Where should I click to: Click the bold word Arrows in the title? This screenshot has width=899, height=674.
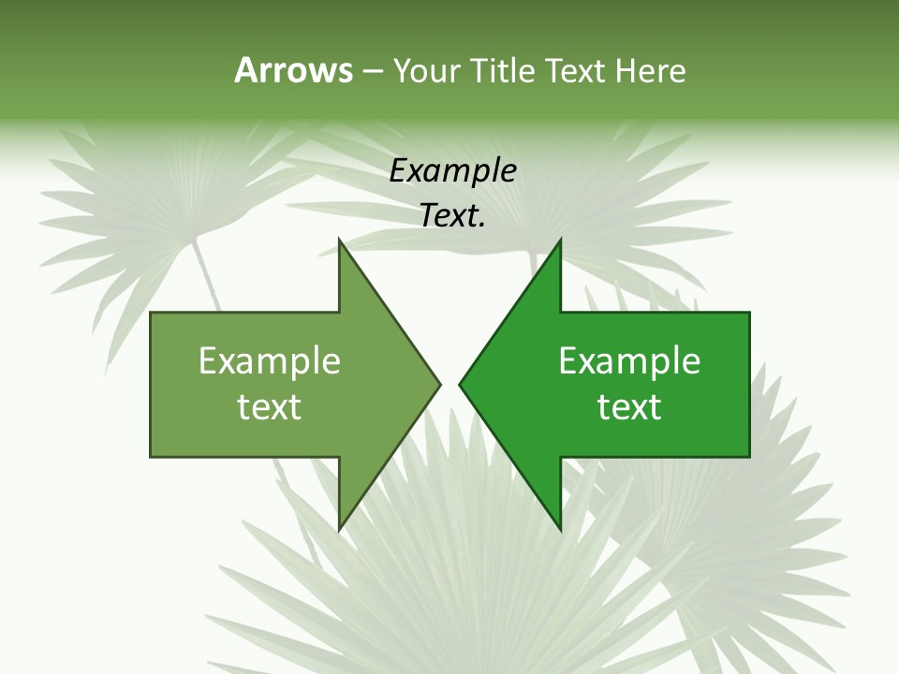(293, 70)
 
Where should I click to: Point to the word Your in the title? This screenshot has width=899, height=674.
(426, 70)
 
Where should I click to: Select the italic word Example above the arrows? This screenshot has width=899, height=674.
(452, 170)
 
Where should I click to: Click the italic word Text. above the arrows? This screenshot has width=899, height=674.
(452, 216)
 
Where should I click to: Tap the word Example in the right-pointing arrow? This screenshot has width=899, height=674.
(270, 361)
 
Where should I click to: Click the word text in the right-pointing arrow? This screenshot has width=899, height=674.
(270, 407)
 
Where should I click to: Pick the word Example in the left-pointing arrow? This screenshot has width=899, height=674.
(629, 361)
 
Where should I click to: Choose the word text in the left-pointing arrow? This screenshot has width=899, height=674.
(629, 407)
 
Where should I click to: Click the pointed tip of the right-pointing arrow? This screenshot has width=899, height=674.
(439, 384)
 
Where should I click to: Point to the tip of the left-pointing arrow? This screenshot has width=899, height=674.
(460, 384)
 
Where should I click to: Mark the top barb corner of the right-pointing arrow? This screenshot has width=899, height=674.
(339, 240)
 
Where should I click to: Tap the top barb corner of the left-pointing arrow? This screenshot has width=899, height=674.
(560, 240)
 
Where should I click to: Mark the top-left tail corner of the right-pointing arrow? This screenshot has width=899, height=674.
(152, 314)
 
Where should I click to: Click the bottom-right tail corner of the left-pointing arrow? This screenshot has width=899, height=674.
(748, 456)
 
